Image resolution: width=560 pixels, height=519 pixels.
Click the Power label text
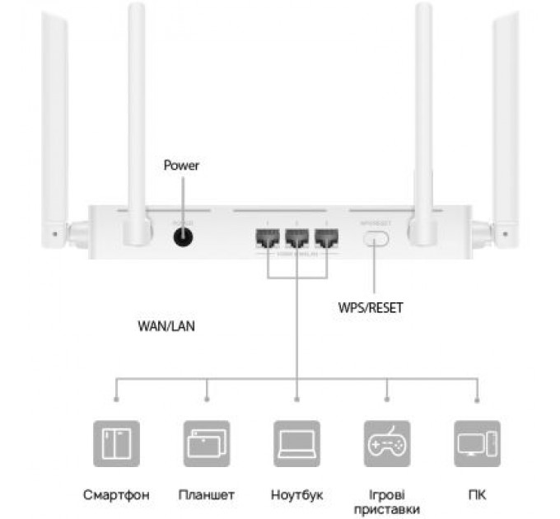181,166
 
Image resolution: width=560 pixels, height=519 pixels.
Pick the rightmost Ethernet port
326,238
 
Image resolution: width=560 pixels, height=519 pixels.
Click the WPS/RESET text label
371,308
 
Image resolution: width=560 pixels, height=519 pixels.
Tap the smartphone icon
116,443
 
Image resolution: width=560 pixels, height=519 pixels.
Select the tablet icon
206,443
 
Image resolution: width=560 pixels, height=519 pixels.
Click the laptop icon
296,443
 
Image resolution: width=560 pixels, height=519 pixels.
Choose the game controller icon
386,443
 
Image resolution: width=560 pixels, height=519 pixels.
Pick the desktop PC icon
477,443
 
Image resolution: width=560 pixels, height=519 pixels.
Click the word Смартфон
116,495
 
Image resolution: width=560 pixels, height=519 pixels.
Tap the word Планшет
206,495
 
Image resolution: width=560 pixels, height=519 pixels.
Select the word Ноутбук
296,495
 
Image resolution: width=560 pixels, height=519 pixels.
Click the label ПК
477,495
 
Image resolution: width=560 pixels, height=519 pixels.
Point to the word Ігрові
386,494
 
